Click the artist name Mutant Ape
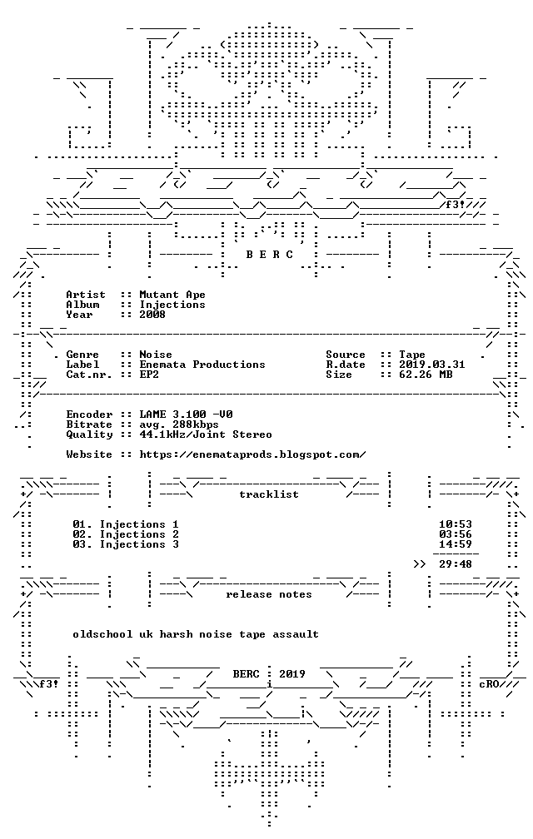click(172, 295)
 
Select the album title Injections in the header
click(172, 305)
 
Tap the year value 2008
click(152, 315)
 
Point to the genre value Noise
click(156, 355)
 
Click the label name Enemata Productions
click(202, 365)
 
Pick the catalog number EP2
click(149, 375)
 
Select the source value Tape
click(412, 355)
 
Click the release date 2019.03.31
click(432, 365)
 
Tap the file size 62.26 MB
click(426, 375)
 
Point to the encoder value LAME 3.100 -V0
click(186, 415)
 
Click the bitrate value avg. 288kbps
click(179, 424)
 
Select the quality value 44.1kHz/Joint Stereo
click(206, 434)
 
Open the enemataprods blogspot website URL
click(252, 454)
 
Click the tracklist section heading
click(269, 494)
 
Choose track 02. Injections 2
click(126, 534)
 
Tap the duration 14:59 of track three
click(456, 544)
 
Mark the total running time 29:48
click(456, 564)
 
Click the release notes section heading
click(269, 594)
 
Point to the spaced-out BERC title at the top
click(269, 255)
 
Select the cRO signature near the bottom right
click(489, 684)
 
